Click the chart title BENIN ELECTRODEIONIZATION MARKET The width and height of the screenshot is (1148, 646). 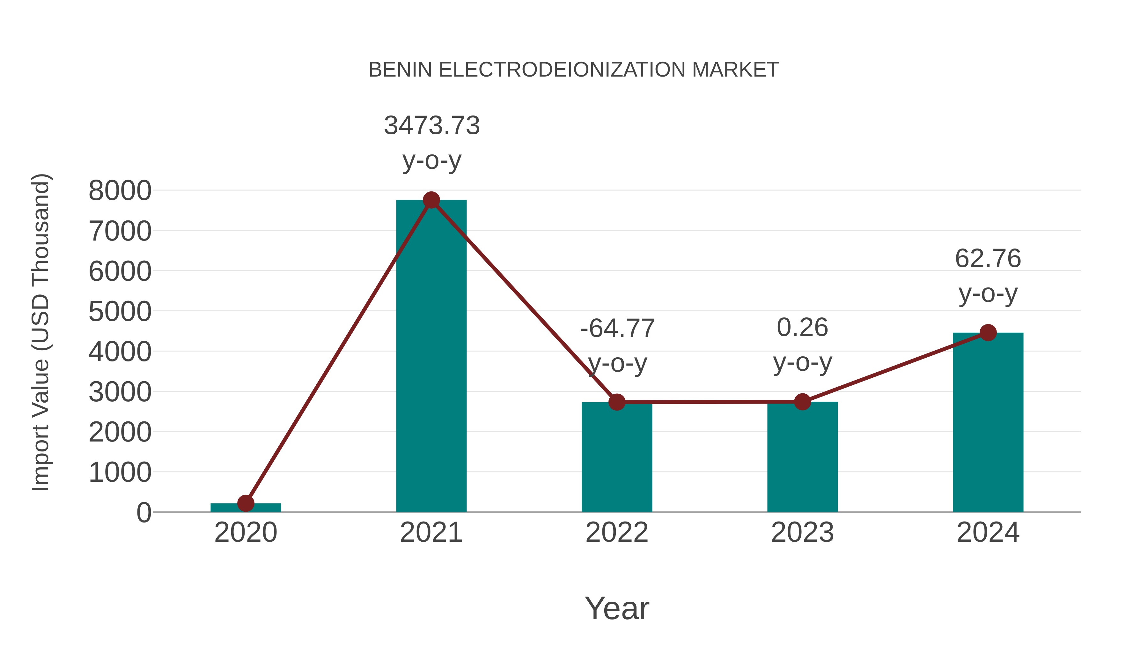click(574, 70)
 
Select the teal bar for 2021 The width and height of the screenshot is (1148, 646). click(431, 357)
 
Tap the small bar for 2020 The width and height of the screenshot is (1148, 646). click(246, 508)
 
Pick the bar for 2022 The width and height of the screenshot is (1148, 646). click(617, 459)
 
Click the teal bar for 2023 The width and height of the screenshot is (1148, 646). click(802, 459)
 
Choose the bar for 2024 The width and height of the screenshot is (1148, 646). click(988, 424)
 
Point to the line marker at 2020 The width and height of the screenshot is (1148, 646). click(246, 503)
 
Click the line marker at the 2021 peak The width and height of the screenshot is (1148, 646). click(431, 200)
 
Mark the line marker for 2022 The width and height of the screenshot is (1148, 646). click(617, 402)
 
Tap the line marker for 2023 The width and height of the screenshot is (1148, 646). click(802, 402)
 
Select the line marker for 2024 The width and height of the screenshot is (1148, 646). click(988, 333)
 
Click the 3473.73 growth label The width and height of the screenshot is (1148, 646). click(432, 126)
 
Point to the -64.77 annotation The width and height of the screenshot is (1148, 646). click(617, 329)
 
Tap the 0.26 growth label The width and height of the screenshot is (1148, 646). click(802, 328)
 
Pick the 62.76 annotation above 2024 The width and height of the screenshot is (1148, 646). click(988, 259)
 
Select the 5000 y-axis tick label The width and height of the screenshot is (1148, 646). click(120, 312)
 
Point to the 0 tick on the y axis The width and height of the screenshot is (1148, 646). click(143, 513)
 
